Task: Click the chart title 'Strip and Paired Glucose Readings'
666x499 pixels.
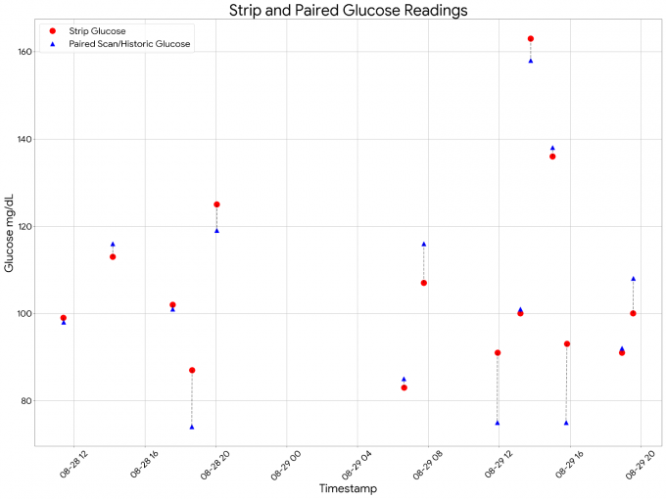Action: click(348, 11)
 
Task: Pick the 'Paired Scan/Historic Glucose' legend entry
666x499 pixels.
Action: click(136, 44)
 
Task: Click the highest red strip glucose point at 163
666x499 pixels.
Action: click(531, 38)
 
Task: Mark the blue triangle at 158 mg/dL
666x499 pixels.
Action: click(531, 61)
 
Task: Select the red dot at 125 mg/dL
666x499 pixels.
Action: click(216, 204)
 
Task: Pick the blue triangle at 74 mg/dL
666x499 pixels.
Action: click(192, 427)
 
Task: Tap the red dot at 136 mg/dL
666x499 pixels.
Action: click(552, 157)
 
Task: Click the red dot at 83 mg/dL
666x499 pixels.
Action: click(404, 387)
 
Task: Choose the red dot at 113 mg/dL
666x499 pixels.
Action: click(113, 256)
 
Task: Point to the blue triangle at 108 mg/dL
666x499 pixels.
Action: click(634, 279)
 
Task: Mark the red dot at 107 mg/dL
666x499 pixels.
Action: click(424, 283)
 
